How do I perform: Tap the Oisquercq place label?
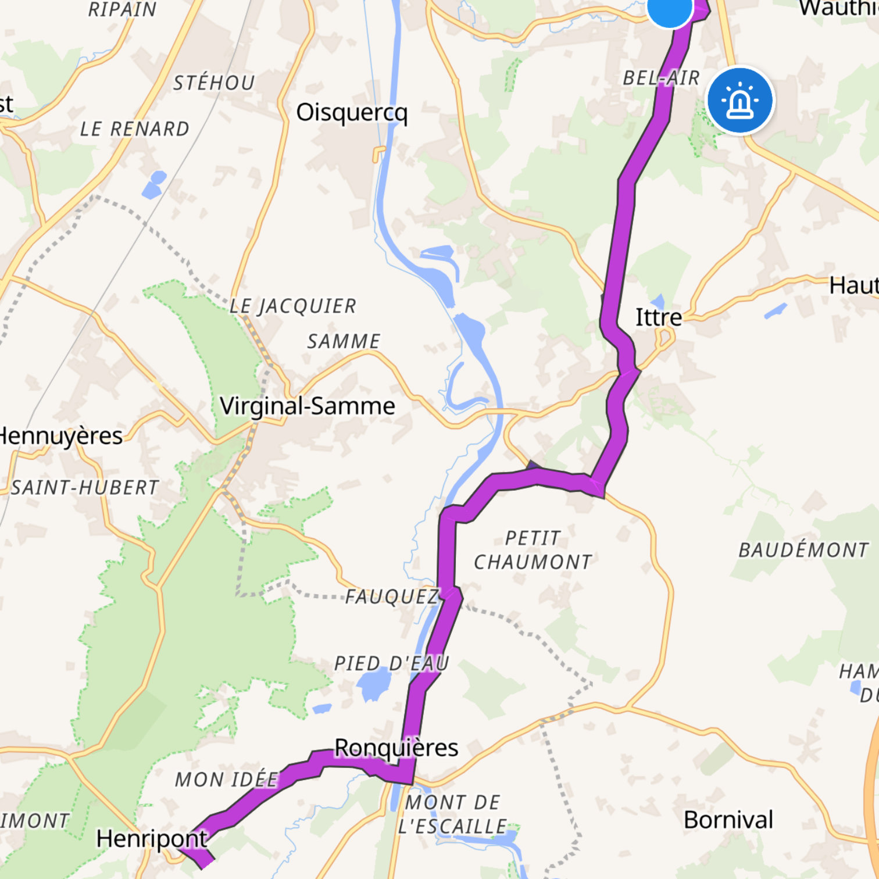(352, 113)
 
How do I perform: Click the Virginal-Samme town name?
(308, 406)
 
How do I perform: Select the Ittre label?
(659, 317)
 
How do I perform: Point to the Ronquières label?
(396, 748)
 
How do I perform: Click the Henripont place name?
(152, 839)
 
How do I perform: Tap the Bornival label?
(728, 820)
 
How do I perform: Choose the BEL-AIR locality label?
(661, 78)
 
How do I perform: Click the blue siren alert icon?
(740, 101)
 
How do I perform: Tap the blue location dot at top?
(670, 8)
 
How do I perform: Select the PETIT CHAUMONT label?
(533, 550)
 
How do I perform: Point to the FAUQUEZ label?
(392, 597)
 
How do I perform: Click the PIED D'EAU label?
(391, 663)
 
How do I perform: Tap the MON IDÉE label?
(227, 780)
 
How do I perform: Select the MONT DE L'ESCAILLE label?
(452, 814)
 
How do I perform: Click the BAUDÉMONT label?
(803, 550)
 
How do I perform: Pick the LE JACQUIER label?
(293, 306)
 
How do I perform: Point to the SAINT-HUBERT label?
(85, 488)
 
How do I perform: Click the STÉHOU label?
(214, 83)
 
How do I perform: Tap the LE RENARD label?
(135, 129)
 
